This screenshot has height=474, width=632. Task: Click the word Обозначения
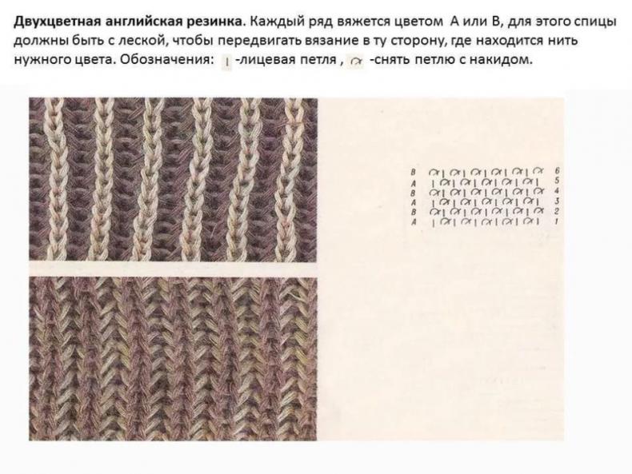coord(167,59)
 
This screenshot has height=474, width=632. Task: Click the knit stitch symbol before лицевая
coord(227,62)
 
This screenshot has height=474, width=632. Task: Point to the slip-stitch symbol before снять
coord(355,62)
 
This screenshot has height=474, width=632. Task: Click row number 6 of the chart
coord(557,171)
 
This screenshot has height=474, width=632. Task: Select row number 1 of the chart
coord(557,221)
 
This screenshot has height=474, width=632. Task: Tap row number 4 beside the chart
coord(557,190)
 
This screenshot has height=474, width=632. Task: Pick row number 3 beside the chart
coord(557,201)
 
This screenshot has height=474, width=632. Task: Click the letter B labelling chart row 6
coord(413,172)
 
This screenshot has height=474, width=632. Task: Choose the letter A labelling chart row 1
coord(413,222)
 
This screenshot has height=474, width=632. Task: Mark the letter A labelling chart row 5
coord(413,182)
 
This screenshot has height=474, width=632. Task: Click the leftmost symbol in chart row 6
coord(434,172)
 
